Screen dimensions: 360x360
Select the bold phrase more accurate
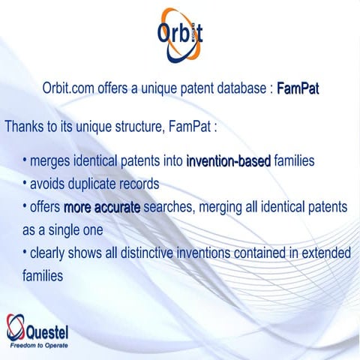coord(102,206)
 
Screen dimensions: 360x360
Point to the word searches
coord(169,206)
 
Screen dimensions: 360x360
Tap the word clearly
coord(50,253)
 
